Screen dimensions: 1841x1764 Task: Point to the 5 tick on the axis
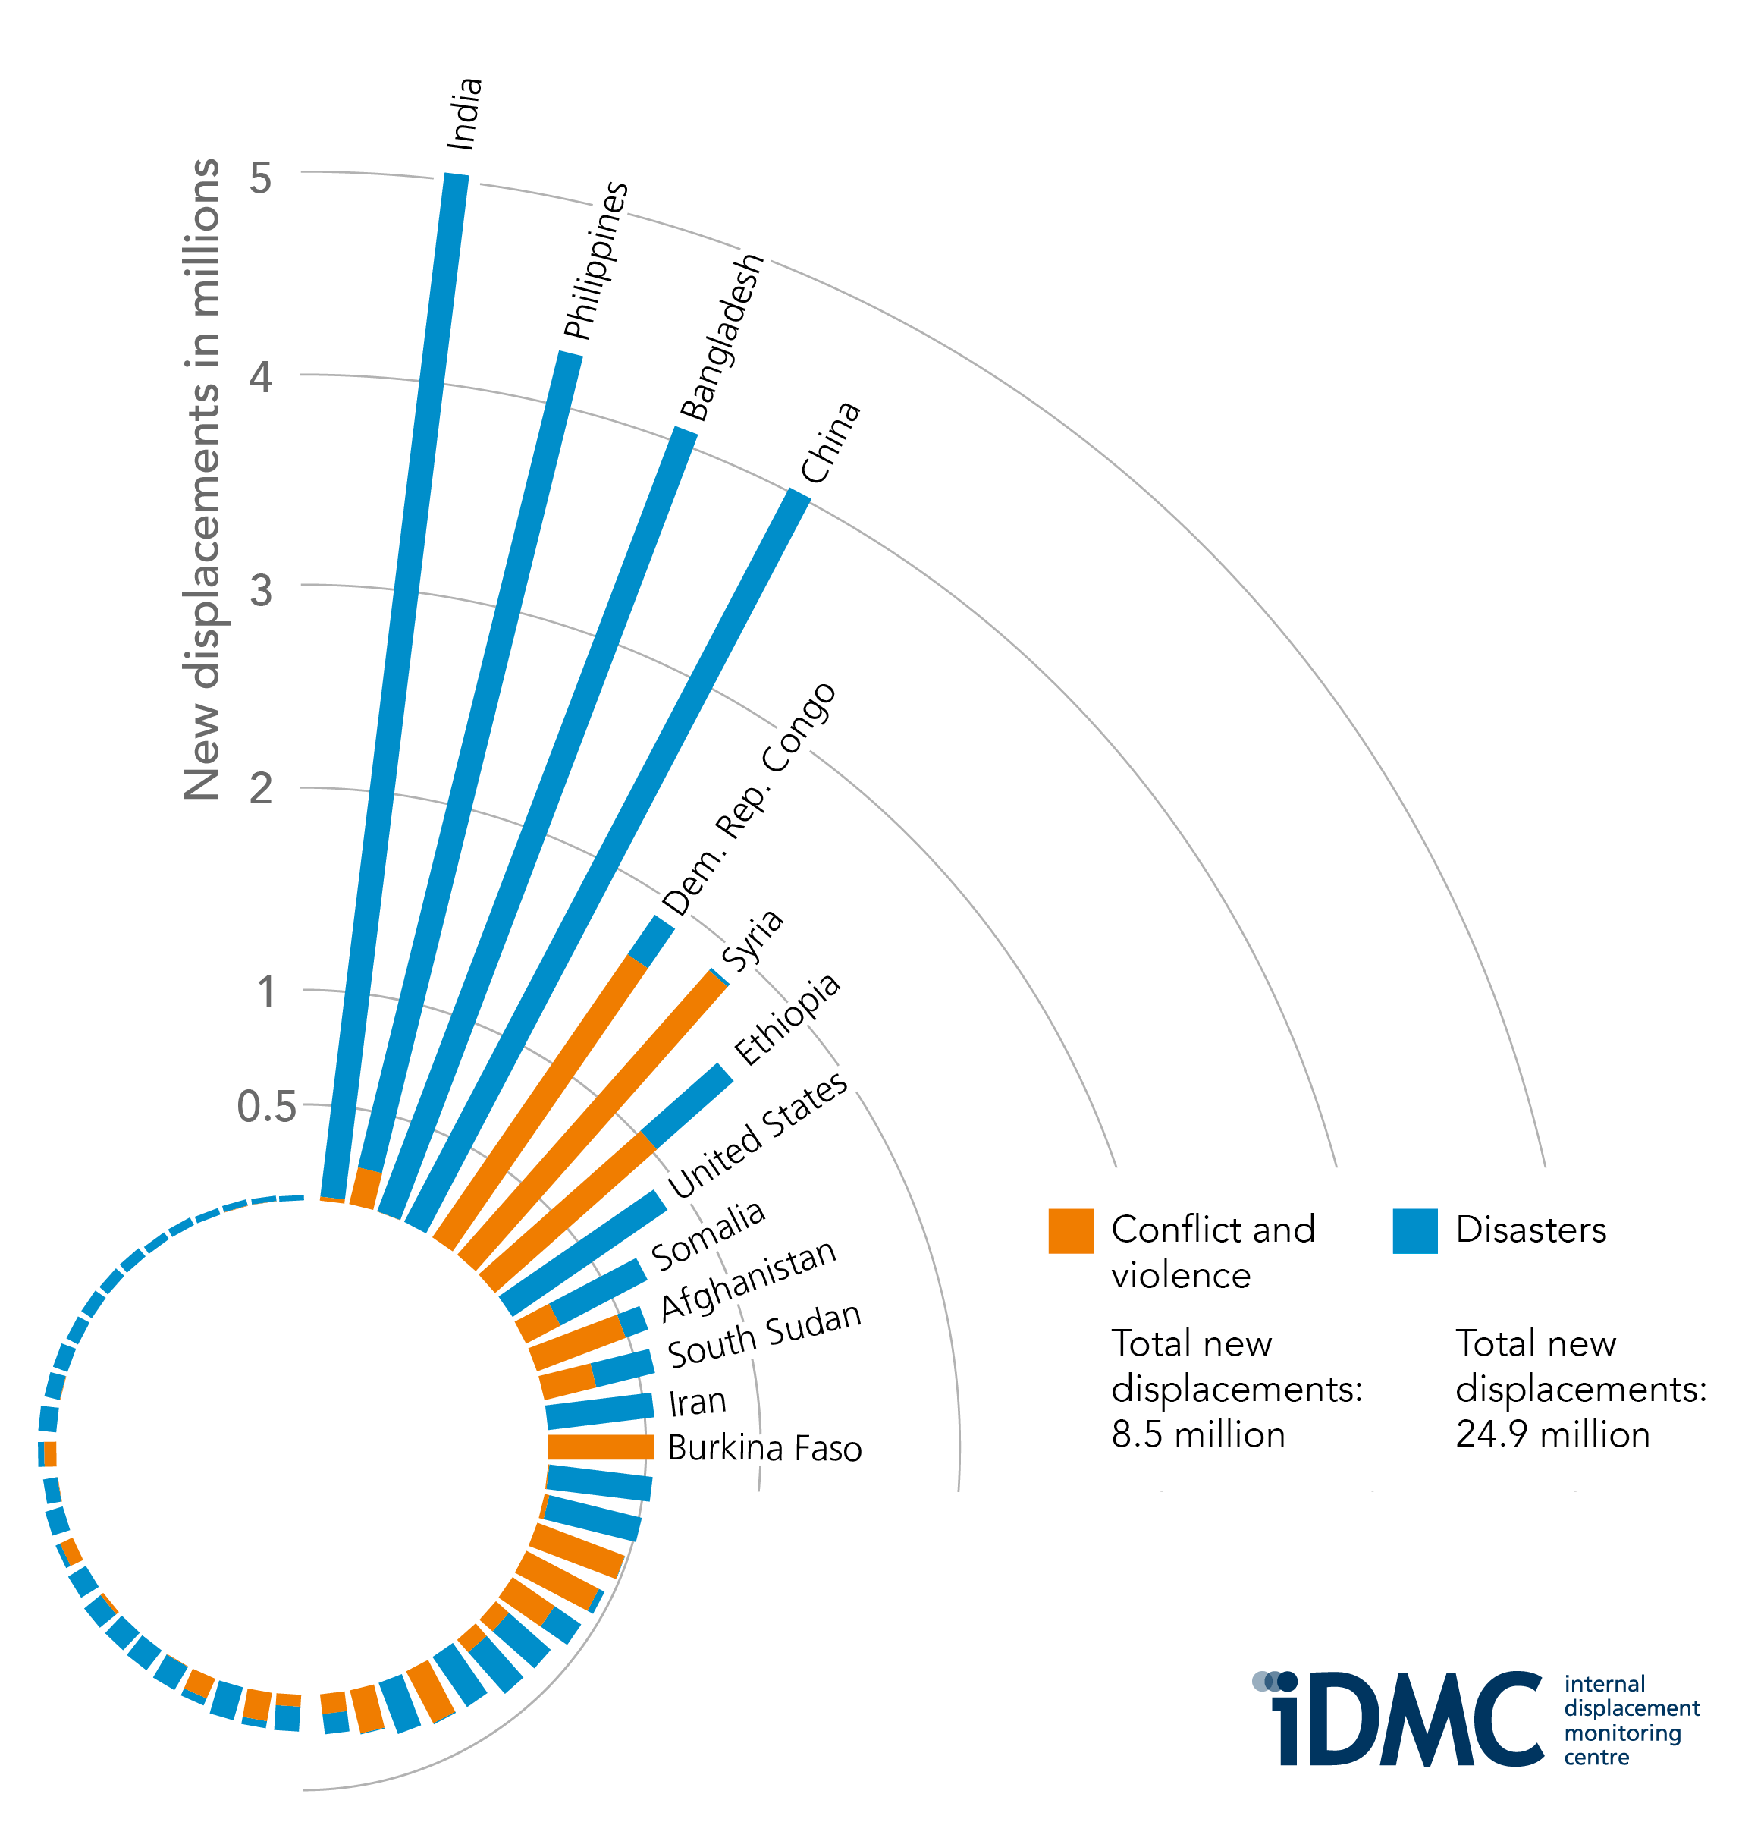coord(260,177)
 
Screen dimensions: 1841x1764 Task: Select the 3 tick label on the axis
coord(260,591)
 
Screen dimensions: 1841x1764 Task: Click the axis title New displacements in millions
coord(201,479)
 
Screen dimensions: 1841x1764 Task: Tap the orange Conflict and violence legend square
coord(1070,1230)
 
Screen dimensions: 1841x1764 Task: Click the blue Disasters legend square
coord(1414,1230)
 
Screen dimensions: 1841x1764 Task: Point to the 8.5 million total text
coord(1197,1434)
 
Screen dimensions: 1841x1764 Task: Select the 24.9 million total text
coord(1552,1434)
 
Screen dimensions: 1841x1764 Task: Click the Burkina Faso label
coord(764,1448)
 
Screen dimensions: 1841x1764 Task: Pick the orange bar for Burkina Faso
coord(601,1447)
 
